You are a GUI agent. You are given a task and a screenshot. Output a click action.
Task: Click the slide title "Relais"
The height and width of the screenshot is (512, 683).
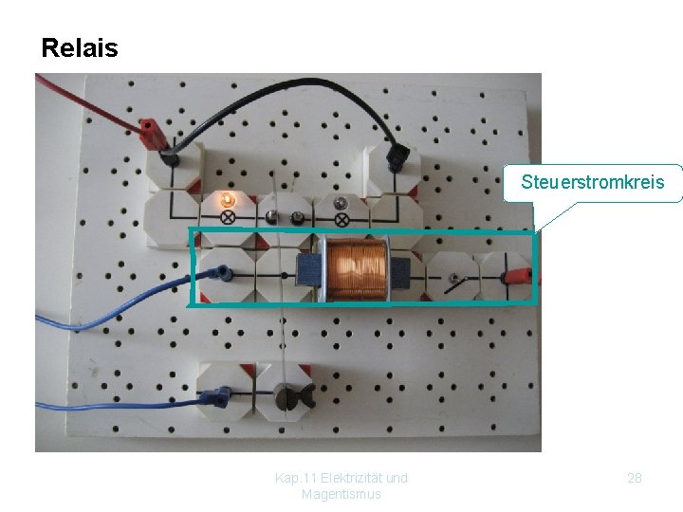click(80, 48)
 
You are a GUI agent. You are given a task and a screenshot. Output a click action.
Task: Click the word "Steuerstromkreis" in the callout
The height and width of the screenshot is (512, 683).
click(592, 181)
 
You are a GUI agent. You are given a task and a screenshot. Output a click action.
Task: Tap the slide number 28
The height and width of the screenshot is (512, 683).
click(635, 478)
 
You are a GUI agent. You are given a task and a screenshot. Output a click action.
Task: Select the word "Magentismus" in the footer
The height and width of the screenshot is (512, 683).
click(341, 494)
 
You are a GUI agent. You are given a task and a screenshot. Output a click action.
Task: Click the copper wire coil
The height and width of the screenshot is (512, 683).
click(356, 268)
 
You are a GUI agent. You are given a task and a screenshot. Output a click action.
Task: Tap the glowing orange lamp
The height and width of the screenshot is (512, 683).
click(227, 199)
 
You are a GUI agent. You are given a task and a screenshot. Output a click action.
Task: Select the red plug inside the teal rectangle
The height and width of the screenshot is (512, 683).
click(516, 276)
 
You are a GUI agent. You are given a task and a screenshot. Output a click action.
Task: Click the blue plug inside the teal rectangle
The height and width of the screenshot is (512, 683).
click(224, 274)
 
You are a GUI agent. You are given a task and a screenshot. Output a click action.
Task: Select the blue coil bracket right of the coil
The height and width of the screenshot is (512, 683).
click(399, 273)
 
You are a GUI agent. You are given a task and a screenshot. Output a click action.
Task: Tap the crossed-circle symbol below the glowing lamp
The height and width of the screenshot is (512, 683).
click(228, 217)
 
